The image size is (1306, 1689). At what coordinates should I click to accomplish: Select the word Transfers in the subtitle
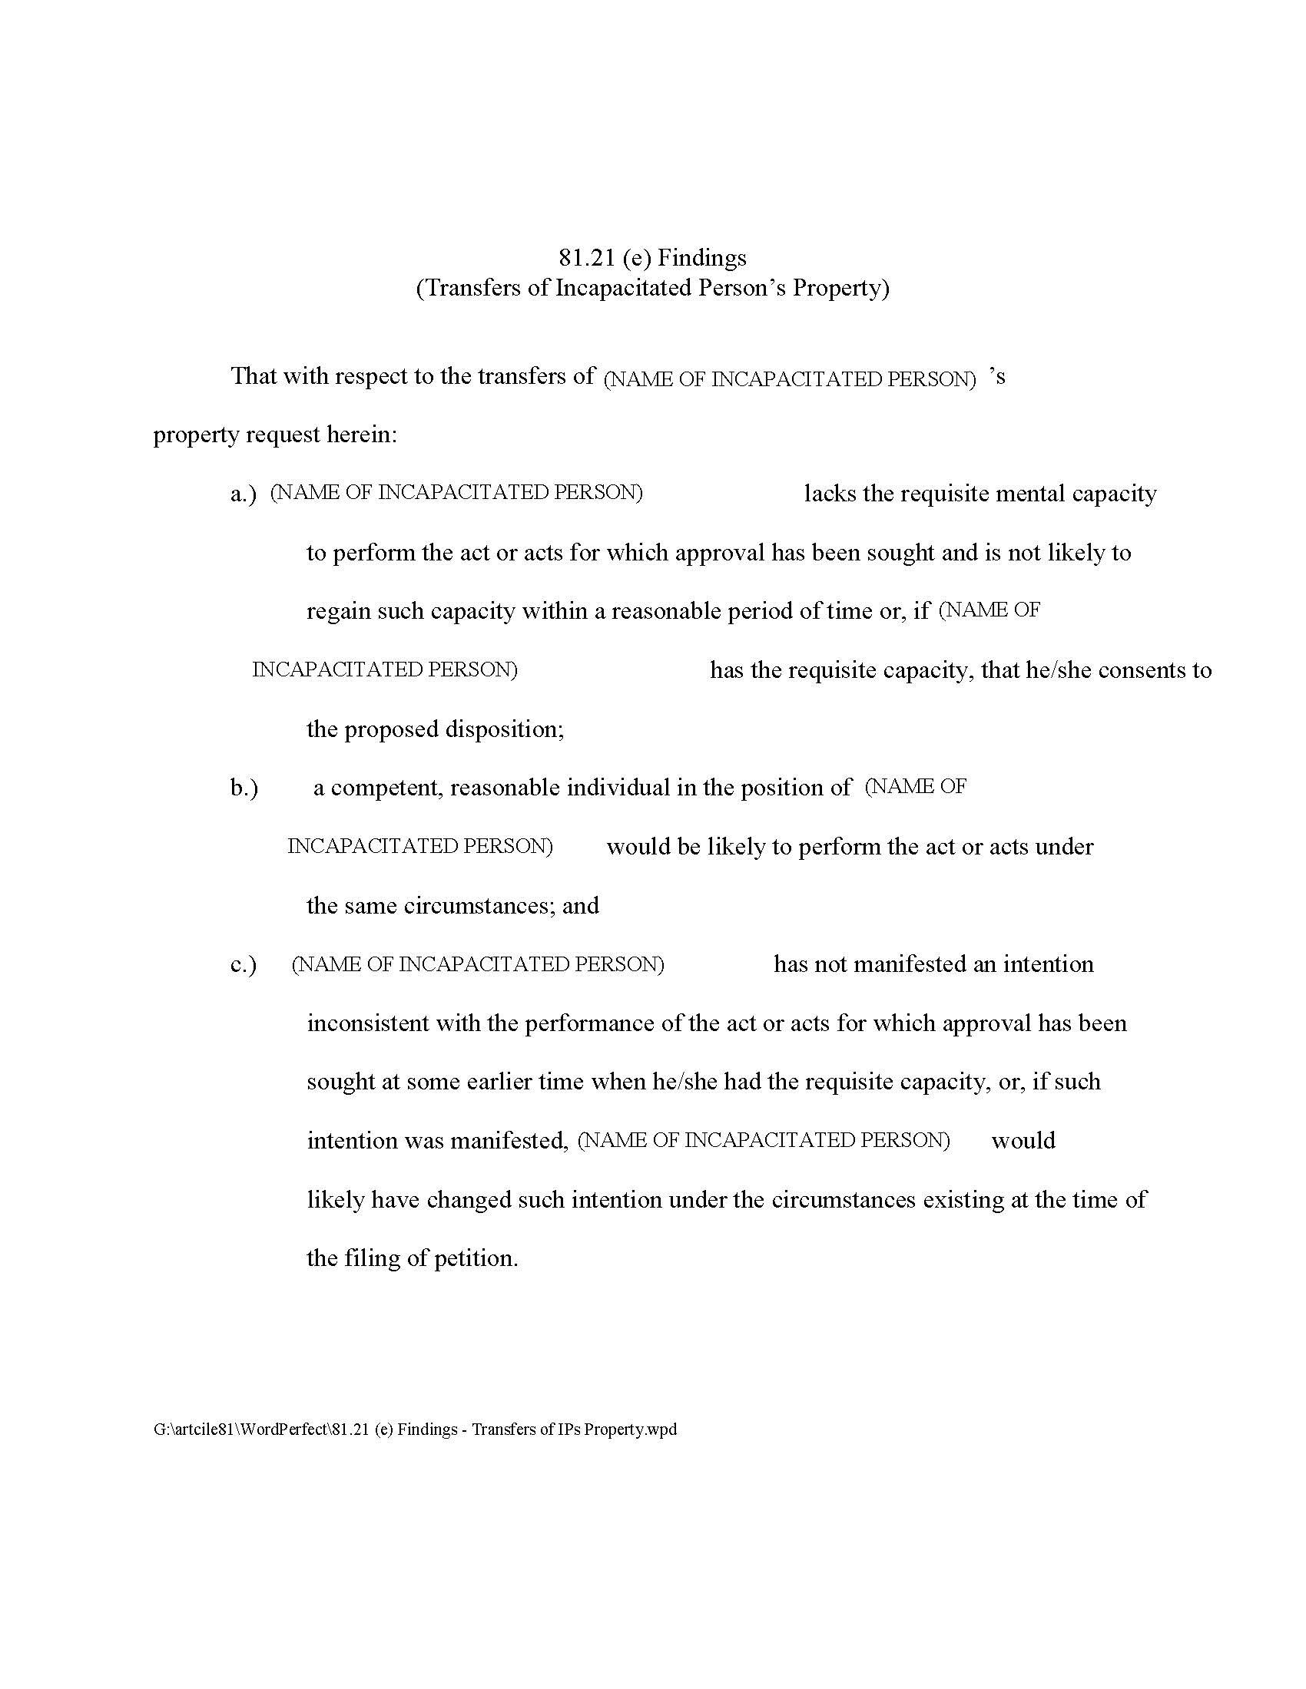470,288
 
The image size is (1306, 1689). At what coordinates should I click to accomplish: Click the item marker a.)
244,494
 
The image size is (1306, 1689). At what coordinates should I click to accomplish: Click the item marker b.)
244,788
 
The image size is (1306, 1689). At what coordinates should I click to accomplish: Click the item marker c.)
244,965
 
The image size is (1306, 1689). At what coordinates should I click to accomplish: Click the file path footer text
415,1430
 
